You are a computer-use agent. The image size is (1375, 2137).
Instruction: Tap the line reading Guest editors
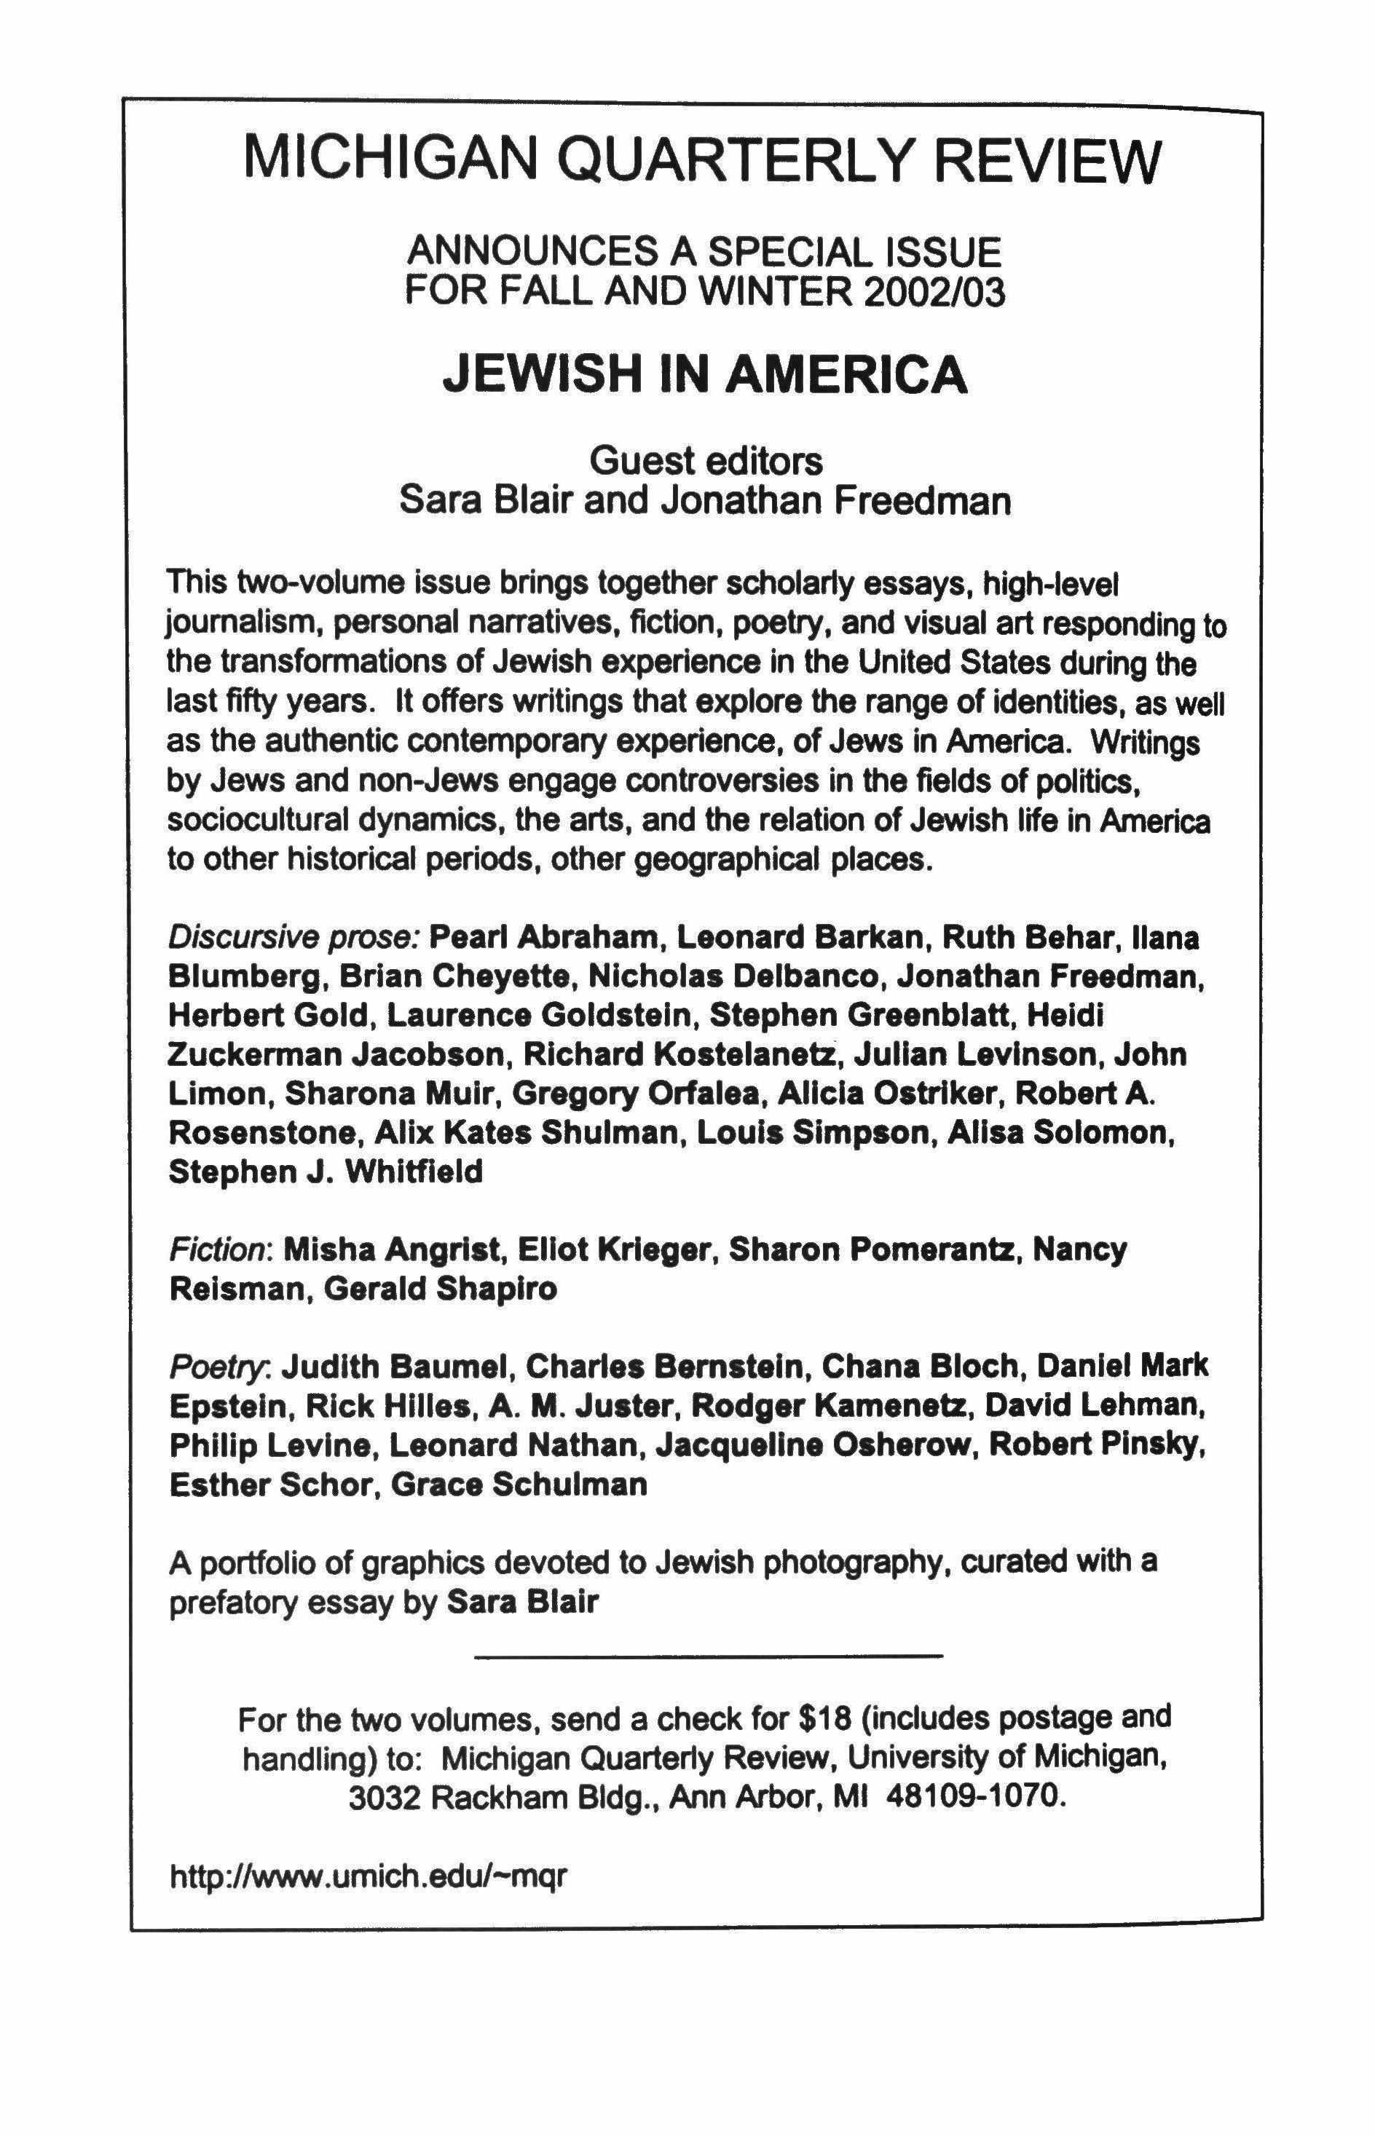tap(706, 462)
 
